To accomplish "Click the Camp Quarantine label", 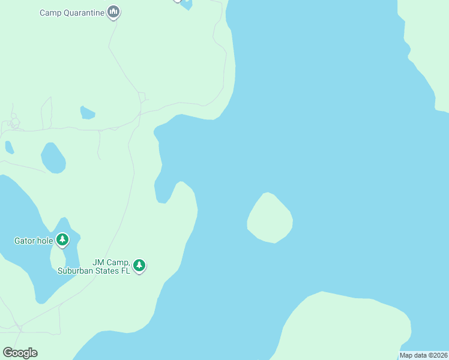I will pos(72,12).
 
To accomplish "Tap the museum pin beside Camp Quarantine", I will pos(113,12).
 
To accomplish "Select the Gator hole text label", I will pos(34,241).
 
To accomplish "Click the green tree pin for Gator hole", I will pos(62,240).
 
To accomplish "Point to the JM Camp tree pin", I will pos(139,265).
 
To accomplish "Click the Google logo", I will pos(20,353).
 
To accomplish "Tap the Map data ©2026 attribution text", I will pos(423,355).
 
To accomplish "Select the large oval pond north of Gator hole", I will pos(53,158).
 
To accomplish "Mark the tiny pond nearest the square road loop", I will pos(88,113).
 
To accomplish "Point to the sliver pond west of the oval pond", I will pos(9,147).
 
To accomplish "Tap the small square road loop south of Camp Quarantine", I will pos(142,97).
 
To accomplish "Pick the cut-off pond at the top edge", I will pos(187,5).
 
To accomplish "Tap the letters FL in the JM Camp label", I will pos(125,271).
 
